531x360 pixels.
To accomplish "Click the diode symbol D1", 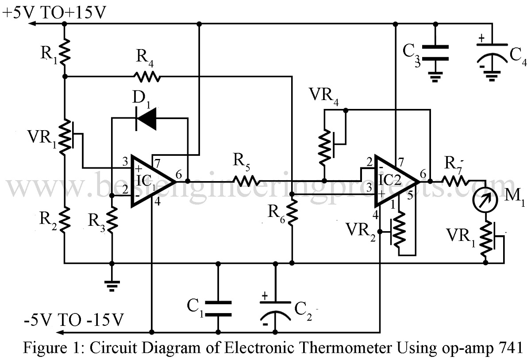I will click(x=146, y=118).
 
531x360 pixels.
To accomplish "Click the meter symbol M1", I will click(x=485, y=200).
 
